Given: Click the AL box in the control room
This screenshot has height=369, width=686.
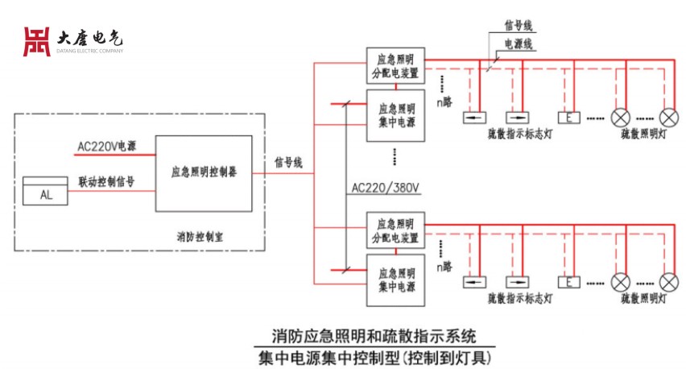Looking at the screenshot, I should tap(46, 193).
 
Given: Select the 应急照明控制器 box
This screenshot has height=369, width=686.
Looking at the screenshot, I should tap(204, 172).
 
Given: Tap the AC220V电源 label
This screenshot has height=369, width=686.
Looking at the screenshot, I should tap(106, 147).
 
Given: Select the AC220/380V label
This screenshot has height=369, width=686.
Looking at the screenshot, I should tap(386, 189).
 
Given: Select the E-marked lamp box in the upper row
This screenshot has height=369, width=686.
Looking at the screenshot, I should tap(568, 118).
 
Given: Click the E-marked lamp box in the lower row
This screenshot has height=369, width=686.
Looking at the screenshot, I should tap(568, 282).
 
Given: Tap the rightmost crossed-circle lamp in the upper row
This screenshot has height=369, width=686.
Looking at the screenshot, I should tap(669, 117).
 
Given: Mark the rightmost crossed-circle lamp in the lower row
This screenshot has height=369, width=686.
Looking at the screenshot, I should tap(669, 282).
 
